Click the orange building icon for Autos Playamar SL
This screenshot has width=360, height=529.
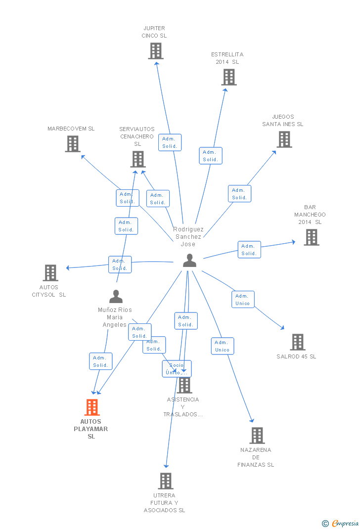[91, 407]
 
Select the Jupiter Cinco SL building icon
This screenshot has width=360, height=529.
[156, 51]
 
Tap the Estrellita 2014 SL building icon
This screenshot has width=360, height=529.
[229, 77]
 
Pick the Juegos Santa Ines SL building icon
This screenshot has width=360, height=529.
[284, 139]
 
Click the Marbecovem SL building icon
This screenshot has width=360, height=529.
[73, 143]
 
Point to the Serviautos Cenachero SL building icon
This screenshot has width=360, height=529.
[137, 159]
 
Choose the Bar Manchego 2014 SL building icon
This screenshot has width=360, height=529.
[311, 237]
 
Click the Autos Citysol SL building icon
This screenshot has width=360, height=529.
[50, 273]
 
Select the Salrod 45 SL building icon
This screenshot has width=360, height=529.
[297, 342]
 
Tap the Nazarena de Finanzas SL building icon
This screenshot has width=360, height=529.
[257, 436]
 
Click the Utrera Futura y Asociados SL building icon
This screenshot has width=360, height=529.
[165, 481]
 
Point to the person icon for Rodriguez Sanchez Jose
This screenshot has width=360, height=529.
[189, 261]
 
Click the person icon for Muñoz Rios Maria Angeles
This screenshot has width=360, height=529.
[116, 297]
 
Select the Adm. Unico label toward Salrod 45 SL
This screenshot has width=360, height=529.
[243, 300]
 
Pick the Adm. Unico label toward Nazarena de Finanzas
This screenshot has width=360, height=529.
[223, 346]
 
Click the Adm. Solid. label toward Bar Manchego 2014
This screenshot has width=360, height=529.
[249, 250]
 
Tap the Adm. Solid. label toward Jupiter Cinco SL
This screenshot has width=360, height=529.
[170, 142]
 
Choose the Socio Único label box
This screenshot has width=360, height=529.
[177, 369]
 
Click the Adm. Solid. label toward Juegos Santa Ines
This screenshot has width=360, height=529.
[239, 194]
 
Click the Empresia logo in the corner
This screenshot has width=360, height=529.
[341, 523]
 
